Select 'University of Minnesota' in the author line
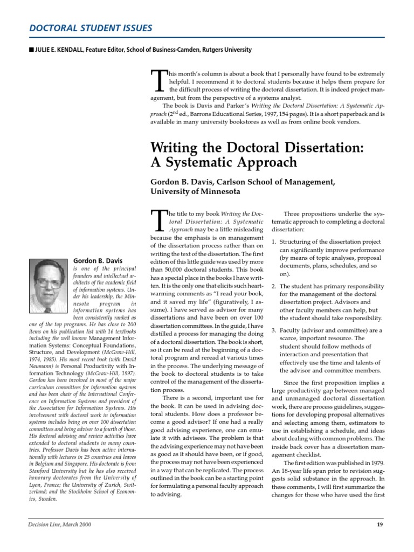tap(195, 191)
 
